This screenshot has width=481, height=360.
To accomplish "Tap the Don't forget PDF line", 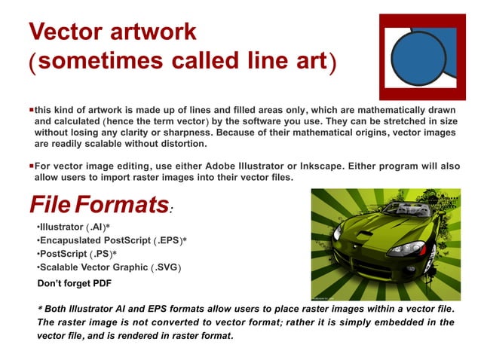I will coord(75,284).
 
